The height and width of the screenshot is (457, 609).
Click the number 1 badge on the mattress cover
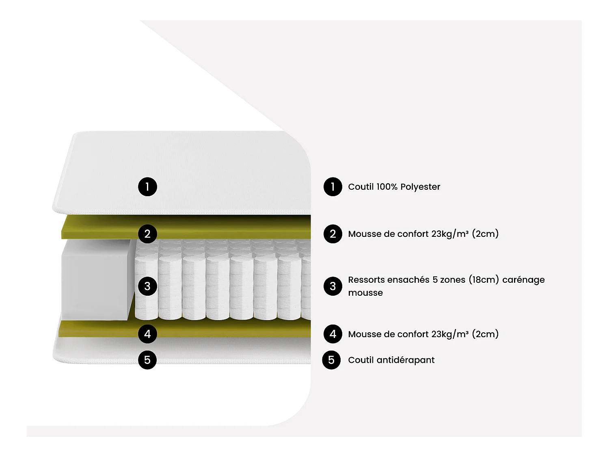[x=147, y=187]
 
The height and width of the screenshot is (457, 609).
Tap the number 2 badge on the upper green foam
[x=147, y=234]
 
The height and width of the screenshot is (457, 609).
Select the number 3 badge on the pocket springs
[x=147, y=286]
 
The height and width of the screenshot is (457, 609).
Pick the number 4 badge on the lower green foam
[x=147, y=334]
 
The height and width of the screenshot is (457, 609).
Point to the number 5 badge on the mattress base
[x=147, y=360]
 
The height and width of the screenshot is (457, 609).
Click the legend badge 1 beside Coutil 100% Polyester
[x=333, y=187]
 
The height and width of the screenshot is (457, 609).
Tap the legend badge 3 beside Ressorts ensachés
[x=333, y=286]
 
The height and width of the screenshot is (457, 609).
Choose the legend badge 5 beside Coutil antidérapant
[x=331, y=360]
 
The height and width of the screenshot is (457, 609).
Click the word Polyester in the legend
[x=420, y=187]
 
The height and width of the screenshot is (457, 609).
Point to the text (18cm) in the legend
[x=484, y=280]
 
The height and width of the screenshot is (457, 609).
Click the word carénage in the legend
[x=523, y=280]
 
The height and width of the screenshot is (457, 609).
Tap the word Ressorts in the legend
[x=366, y=280]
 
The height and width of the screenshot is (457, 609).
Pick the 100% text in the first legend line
[x=387, y=187]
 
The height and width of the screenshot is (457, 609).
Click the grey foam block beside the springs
[x=95, y=280]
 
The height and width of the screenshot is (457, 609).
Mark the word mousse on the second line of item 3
[x=365, y=293]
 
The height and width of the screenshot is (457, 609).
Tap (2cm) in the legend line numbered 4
[x=485, y=334]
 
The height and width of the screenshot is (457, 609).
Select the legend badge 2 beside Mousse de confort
[x=333, y=234]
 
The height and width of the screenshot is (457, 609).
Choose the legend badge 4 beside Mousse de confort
[x=333, y=334]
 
